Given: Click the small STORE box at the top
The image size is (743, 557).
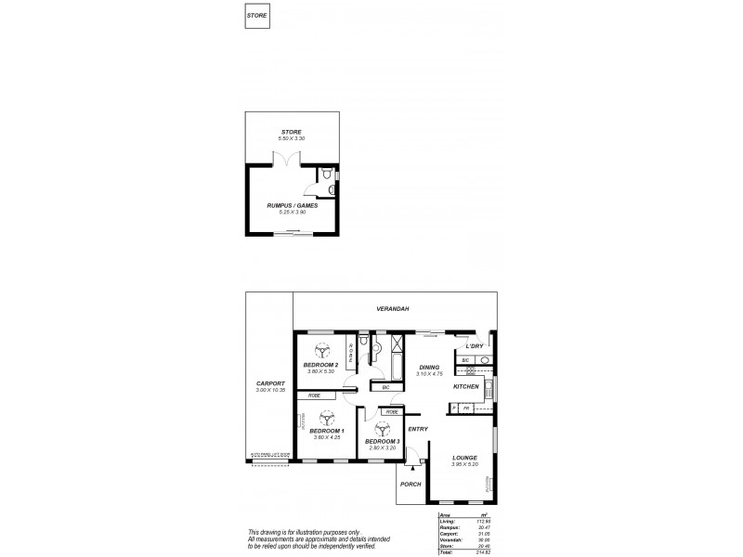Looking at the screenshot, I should (x=257, y=16).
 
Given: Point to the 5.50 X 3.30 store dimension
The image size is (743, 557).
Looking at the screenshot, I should (x=292, y=138).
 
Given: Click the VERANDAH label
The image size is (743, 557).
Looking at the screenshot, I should (x=395, y=308).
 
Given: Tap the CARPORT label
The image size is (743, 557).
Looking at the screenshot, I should (x=269, y=384).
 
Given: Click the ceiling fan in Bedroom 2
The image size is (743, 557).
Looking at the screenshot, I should (x=323, y=351).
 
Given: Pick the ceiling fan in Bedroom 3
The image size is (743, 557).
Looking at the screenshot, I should (x=381, y=428).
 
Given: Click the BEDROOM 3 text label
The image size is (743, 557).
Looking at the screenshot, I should (x=382, y=441).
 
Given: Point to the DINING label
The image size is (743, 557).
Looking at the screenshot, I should (x=428, y=368).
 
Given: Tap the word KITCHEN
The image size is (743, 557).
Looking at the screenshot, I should (x=465, y=386).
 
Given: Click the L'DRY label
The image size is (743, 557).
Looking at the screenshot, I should (x=474, y=346).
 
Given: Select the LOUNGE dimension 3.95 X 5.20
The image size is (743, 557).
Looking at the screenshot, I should (x=464, y=464).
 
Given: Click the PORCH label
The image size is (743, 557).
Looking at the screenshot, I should (x=410, y=484).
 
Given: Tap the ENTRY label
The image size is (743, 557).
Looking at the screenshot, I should (x=418, y=428).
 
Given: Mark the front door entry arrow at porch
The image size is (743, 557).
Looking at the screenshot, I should (x=413, y=470).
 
